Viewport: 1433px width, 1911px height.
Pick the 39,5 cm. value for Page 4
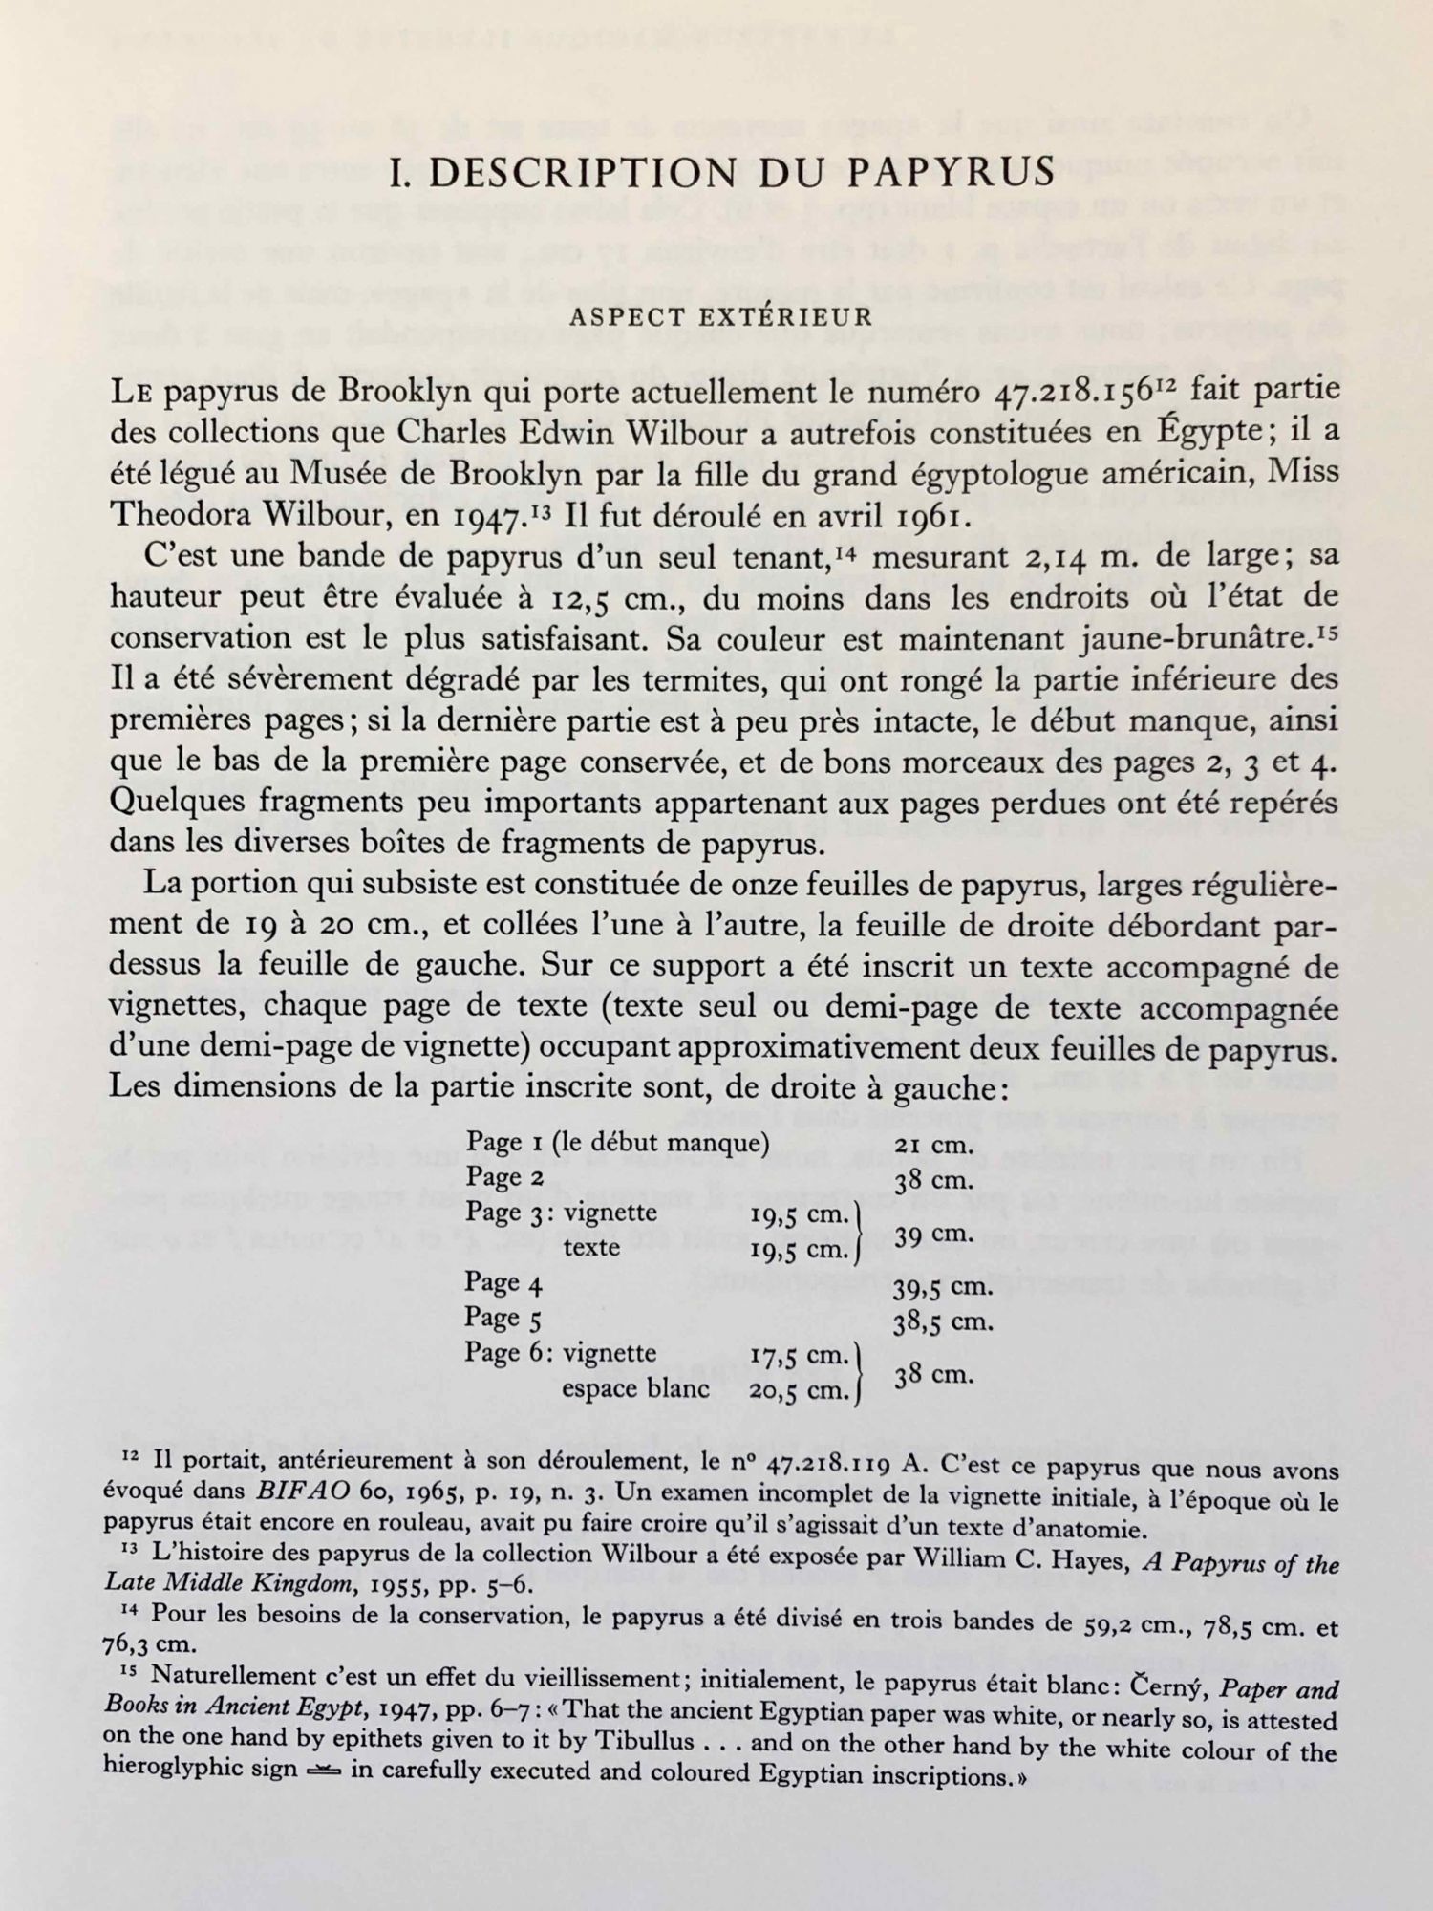click(x=942, y=1286)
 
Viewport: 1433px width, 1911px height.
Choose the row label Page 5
click(x=503, y=1320)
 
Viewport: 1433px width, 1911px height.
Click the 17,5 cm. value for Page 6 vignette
click(x=799, y=1356)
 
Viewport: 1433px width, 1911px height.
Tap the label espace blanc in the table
click(x=635, y=1389)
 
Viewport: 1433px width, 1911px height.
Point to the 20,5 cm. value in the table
click(x=799, y=1390)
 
